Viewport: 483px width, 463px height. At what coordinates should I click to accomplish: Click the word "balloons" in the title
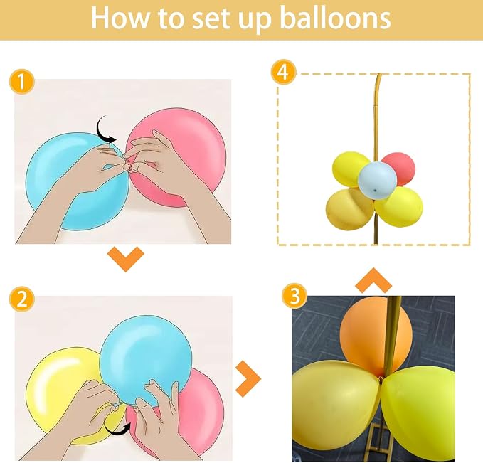[336, 18]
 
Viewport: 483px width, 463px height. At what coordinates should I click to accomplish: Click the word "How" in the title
[120, 18]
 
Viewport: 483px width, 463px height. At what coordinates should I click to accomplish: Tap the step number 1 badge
[22, 82]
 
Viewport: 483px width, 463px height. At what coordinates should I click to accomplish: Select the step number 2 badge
[22, 299]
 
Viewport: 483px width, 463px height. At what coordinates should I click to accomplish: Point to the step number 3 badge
[294, 296]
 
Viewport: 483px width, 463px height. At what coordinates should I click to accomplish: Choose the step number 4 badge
[283, 72]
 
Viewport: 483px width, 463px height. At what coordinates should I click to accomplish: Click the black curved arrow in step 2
[117, 429]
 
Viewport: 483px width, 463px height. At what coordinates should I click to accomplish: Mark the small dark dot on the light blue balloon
[375, 191]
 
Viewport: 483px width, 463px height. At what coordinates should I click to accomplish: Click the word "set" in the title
[213, 19]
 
